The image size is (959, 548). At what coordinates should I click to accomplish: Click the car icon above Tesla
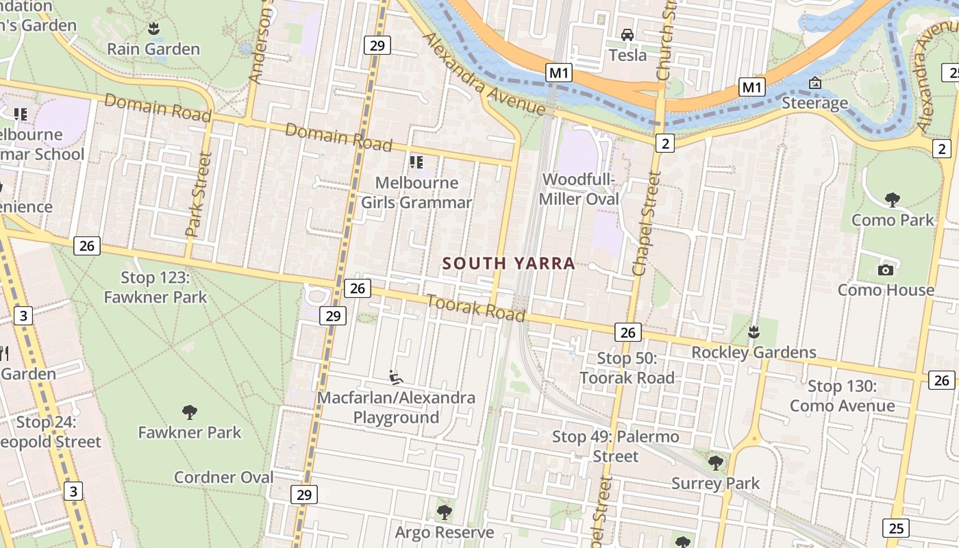(627, 34)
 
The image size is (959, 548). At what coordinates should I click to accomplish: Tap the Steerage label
(815, 103)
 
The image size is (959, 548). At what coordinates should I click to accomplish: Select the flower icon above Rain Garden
(153, 29)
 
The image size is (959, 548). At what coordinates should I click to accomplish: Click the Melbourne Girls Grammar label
(416, 192)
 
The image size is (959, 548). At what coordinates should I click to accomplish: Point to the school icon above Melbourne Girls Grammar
(416, 162)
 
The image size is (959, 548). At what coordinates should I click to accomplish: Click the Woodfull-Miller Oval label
(580, 189)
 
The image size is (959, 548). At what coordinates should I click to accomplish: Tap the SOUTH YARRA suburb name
(508, 264)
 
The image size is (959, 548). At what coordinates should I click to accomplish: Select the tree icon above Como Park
(892, 200)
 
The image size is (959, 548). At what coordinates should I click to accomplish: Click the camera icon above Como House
(886, 270)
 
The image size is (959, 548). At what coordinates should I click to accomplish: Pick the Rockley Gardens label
(754, 353)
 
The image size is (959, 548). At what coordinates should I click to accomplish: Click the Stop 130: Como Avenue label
(842, 396)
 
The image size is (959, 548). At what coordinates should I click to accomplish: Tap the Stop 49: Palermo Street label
(616, 446)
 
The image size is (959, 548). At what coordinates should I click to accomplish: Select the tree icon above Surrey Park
(715, 463)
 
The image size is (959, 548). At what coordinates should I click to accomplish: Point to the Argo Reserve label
(445, 532)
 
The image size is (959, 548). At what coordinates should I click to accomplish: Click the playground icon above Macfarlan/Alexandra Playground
(395, 377)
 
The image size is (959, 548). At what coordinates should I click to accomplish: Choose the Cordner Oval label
(223, 477)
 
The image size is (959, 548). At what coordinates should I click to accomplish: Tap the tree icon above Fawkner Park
(190, 412)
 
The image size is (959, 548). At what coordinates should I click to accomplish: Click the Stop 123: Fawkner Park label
(155, 287)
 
